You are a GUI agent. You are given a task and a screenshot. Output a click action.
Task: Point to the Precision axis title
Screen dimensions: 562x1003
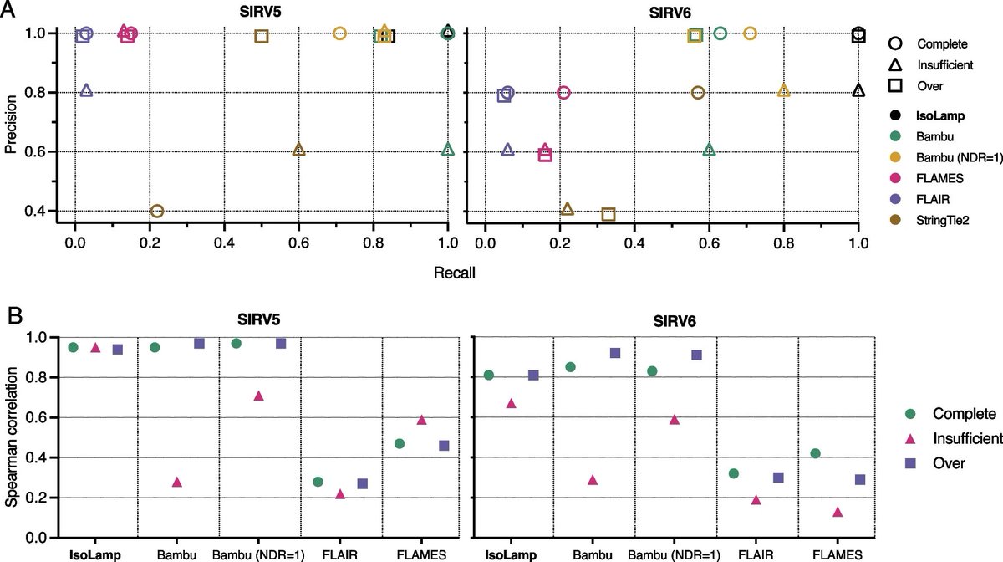click(x=11, y=122)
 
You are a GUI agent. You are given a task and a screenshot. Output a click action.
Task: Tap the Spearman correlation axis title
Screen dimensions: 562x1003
click(x=11, y=438)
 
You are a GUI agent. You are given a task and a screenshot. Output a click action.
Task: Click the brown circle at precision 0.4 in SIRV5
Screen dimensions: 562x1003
click(x=156, y=211)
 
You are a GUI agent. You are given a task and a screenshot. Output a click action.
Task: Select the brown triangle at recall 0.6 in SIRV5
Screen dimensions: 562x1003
click(x=298, y=150)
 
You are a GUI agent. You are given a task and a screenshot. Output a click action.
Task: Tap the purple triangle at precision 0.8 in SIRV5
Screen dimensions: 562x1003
click(x=86, y=90)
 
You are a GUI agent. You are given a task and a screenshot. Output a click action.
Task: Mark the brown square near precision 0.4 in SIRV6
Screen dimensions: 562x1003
click(x=608, y=214)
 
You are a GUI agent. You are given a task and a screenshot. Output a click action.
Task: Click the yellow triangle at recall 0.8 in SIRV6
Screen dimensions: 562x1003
click(x=783, y=90)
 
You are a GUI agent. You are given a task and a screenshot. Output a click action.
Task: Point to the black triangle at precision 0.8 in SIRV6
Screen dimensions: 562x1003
click(x=858, y=90)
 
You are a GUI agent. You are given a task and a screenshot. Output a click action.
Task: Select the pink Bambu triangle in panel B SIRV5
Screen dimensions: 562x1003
click(x=176, y=482)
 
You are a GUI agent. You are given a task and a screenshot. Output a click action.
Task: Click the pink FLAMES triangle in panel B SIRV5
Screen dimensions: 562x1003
click(x=422, y=420)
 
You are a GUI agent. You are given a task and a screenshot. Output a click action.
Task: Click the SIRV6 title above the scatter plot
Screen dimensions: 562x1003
click(x=672, y=14)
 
